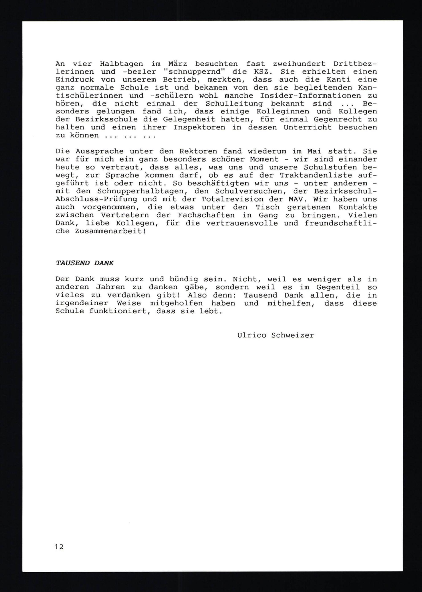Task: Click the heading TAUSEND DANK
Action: tap(85, 263)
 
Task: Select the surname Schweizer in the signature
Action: tap(293, 335)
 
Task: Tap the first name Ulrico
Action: tap(252, 335)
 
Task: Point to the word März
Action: tap(178, 64)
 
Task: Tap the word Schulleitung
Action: tap(234, 104)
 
